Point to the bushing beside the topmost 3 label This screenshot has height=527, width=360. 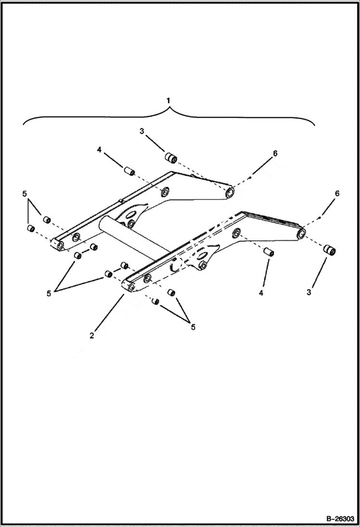coord(171,157)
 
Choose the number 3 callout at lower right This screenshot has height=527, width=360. coord(310,292)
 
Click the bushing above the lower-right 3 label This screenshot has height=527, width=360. coord(329,250)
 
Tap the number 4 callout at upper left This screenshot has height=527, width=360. coord(99,149)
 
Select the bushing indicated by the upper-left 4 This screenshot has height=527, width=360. coord(128,171)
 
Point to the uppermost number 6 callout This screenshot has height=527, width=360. coord(275,153)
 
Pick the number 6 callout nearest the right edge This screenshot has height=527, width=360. coord(337,194)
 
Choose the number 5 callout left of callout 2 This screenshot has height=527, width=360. coord(49,294)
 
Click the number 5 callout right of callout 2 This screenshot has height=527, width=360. coord(193,327)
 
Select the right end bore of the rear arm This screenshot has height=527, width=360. coord(230,193)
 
